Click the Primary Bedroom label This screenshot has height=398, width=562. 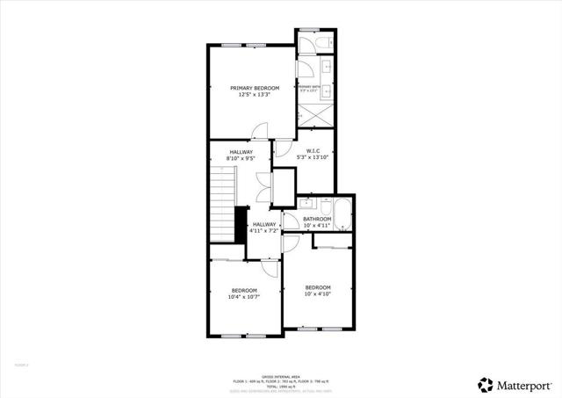pyautogui.click(x=255, y=88)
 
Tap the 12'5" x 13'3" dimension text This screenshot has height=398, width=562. pyautogui.click(x=255, y=95)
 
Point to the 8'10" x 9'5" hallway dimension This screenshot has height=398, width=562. pyautogui.click(x=241, y=159)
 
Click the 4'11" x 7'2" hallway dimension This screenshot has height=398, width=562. pyautogui.click(x=263, y=232)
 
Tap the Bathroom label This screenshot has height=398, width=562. pyautogui.click(x=317, y=219)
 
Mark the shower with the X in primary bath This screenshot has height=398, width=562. pyautogui.click(x=314, y=115)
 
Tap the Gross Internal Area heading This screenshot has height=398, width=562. pyautogui.click(x=281, y=375)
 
